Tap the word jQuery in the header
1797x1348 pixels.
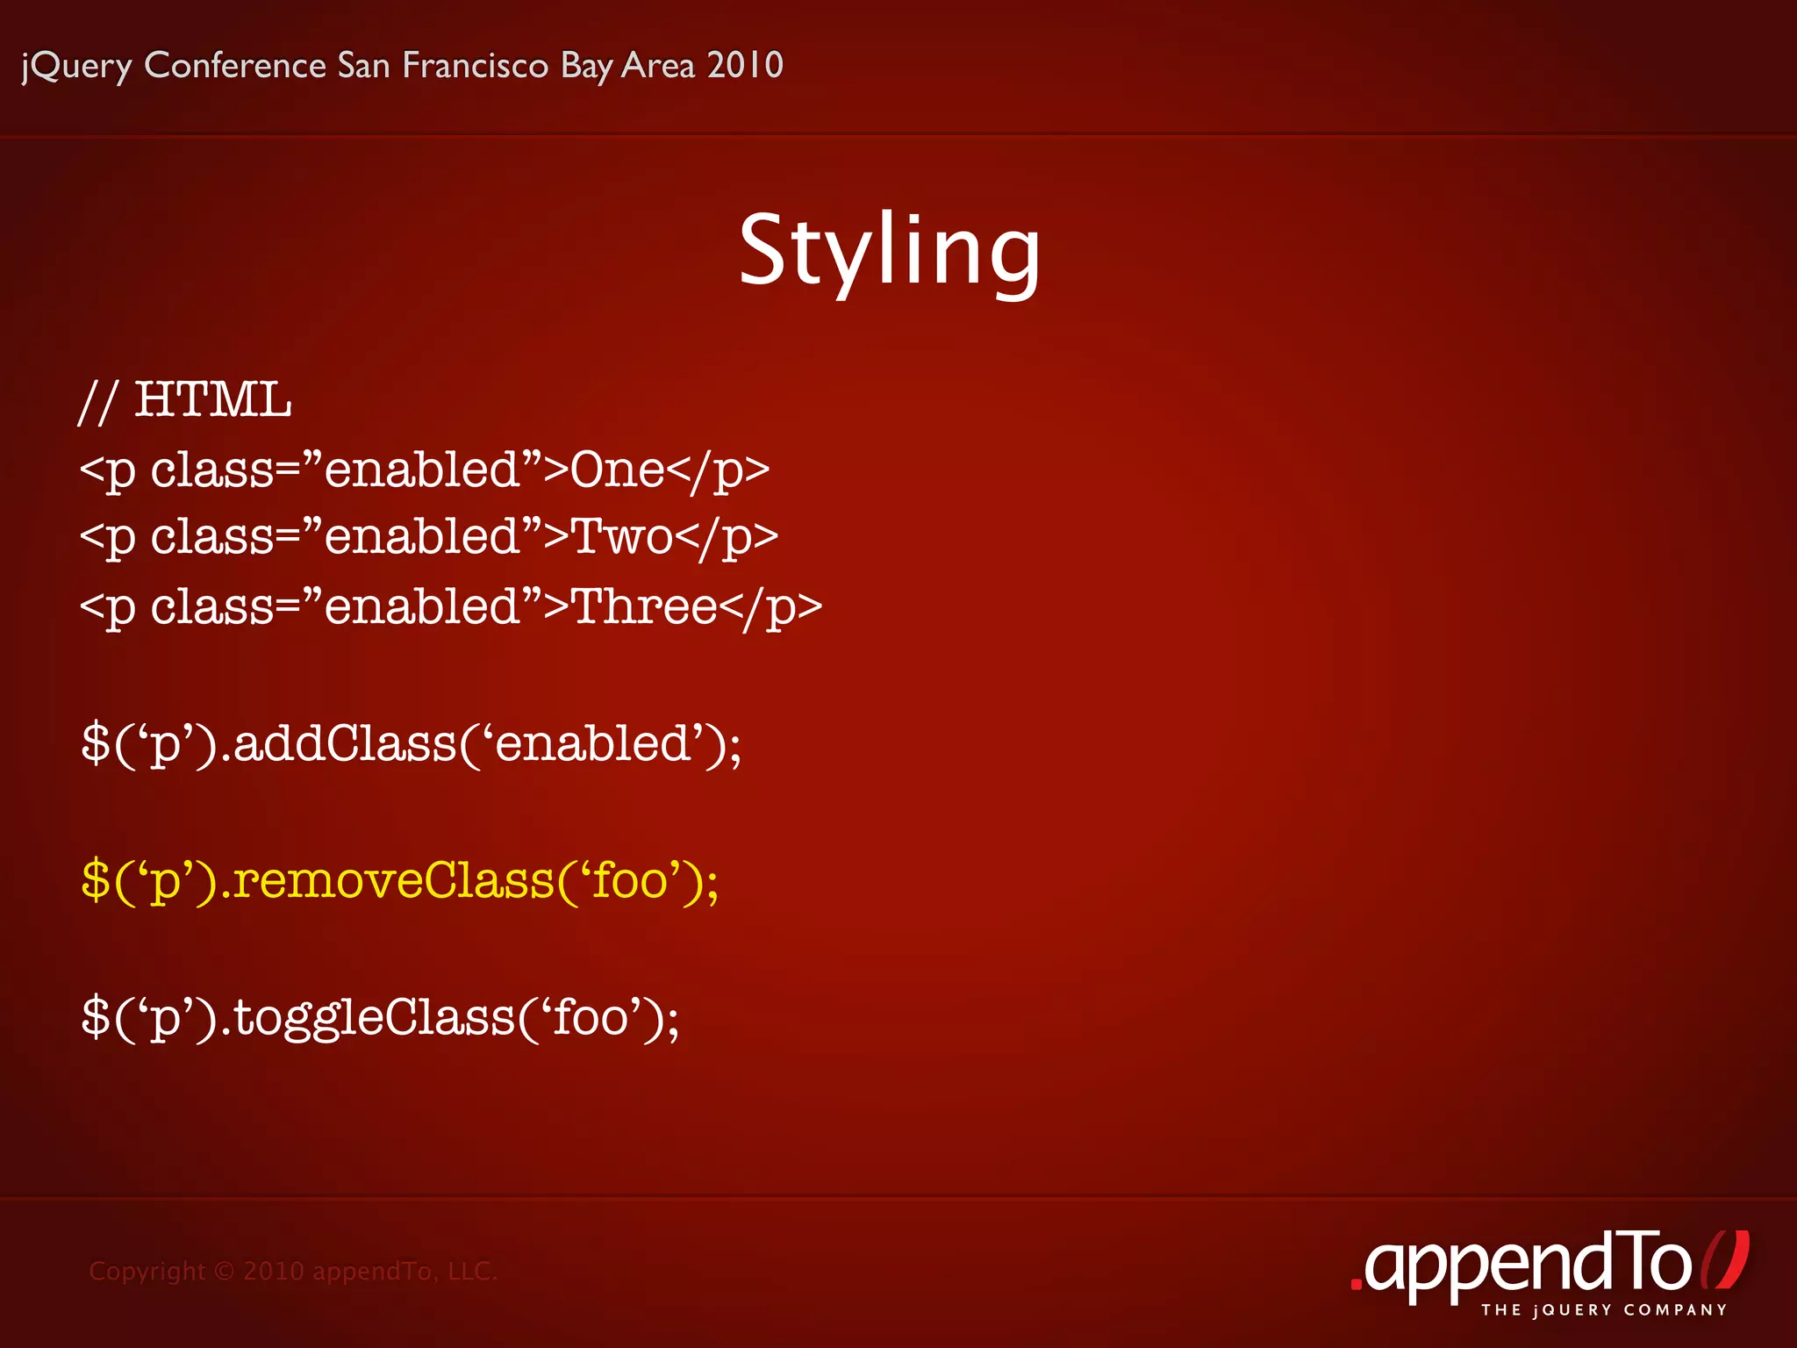(x=76, y=66)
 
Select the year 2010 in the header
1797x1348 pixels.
(x=745, y=65)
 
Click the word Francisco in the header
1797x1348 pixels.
(x=475, y=65)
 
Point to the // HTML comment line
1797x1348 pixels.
(x=185, y=400)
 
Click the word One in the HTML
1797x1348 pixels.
(x=617, y=470)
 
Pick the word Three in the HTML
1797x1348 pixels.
(x=644, y=606)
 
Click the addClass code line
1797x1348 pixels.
(x=411, y=744)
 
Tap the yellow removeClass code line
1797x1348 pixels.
(x=399, y=880)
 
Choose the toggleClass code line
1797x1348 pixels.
(x=380, y=1018)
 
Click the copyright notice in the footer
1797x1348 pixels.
(x=293, y=1271)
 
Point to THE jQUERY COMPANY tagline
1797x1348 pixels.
(x=1604, y=1310)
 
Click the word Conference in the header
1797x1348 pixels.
(x=235, y=65)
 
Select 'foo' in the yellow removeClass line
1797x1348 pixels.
(x=630, y=880)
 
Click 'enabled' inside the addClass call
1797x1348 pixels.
(x=592, y=744)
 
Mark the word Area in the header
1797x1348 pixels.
(x=657, y=65)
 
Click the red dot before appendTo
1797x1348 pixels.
(x=1357, y=1284)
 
